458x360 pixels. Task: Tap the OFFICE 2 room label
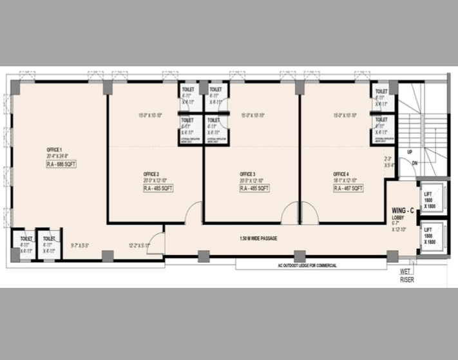coord(151,175)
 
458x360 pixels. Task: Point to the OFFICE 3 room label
coord(248,175)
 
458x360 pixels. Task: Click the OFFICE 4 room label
coord(341,175)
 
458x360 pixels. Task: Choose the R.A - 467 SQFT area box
coord(347,188)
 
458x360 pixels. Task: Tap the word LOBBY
coord(399,218)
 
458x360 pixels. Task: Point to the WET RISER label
coord(406,276)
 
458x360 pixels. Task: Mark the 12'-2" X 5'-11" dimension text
coord(138,245)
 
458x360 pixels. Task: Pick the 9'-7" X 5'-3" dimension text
coord(79,245)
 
